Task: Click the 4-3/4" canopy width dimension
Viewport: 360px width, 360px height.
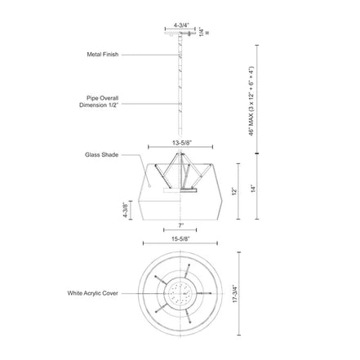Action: [x=181, y=25]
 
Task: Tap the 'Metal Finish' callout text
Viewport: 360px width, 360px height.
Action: [x=103, y=55]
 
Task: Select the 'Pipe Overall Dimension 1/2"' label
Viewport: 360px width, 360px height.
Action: [x=99, y=101]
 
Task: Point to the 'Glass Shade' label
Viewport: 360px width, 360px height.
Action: [x=101, y=155]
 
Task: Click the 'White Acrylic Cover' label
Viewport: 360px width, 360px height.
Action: [x=93, y=293]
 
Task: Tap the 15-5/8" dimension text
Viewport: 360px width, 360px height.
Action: [x=180, y=239]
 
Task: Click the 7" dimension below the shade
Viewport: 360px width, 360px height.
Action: [x=181, y=225]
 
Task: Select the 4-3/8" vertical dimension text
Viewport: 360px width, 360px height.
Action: [x=125, y=210]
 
